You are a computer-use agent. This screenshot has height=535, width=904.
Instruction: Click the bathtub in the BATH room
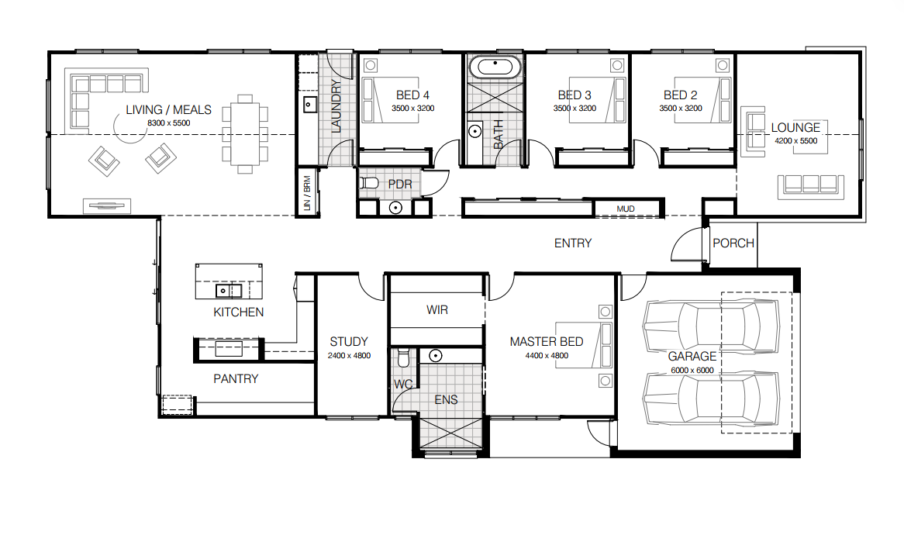495,67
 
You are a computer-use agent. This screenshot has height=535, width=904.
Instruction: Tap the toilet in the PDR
369,183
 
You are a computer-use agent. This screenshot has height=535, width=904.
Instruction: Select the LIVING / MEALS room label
168,109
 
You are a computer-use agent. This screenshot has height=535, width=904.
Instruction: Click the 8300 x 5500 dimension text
168,123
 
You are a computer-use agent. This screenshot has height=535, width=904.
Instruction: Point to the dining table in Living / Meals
245,134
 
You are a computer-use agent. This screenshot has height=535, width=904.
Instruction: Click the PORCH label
733,243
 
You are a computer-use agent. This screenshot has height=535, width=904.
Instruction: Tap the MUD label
626,209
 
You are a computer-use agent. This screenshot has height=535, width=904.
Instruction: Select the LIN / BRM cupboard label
307,192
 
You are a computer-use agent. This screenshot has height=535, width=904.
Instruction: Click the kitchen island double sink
228,290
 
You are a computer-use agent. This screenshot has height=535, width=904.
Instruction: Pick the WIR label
437,309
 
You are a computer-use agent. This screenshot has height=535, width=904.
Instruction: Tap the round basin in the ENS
435,356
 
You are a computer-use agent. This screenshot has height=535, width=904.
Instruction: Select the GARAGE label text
692,357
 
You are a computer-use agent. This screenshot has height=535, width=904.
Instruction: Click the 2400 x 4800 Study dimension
349,356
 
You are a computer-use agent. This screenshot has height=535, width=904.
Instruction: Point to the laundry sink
309,105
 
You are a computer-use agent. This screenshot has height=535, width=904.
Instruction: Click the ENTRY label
572,243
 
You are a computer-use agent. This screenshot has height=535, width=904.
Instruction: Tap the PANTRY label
236,379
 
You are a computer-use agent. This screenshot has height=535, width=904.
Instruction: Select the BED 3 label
574,95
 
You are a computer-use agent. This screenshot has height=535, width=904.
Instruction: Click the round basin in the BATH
474,132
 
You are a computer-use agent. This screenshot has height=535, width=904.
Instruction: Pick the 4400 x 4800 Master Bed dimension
547,356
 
